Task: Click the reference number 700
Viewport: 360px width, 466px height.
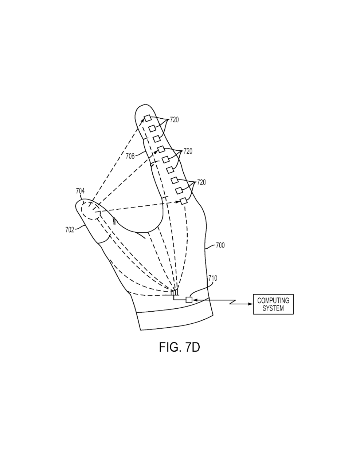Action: coord(220,245)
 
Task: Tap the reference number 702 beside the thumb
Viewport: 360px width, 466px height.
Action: coord(70,230)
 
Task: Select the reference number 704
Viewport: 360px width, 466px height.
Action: coord(80,191)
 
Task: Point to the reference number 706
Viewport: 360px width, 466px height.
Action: coord(130,156)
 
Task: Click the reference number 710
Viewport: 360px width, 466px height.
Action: coord(213,278)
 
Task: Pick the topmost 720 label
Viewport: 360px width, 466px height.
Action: coord(174,120)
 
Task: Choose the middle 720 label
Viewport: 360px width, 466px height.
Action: coord(188,151)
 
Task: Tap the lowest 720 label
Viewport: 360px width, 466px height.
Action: coord(201,182)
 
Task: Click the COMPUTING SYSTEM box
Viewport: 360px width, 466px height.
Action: coord(273,304)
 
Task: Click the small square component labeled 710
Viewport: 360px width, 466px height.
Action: coord(189,300)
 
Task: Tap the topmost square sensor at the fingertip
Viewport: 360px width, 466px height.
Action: coord(148,118)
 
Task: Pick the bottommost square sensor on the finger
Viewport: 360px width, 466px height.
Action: coord(183,201)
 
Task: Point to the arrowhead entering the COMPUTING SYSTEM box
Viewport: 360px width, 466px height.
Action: coord(251,304)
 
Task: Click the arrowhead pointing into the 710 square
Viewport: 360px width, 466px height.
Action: coord(194,300)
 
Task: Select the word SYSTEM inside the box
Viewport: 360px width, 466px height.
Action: coord(273,308)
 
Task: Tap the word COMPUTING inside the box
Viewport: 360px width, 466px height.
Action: coord(273,301)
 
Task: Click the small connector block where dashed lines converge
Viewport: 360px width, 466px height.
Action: coord(175,292)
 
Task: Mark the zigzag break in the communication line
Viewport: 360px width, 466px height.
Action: coord(233,302)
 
